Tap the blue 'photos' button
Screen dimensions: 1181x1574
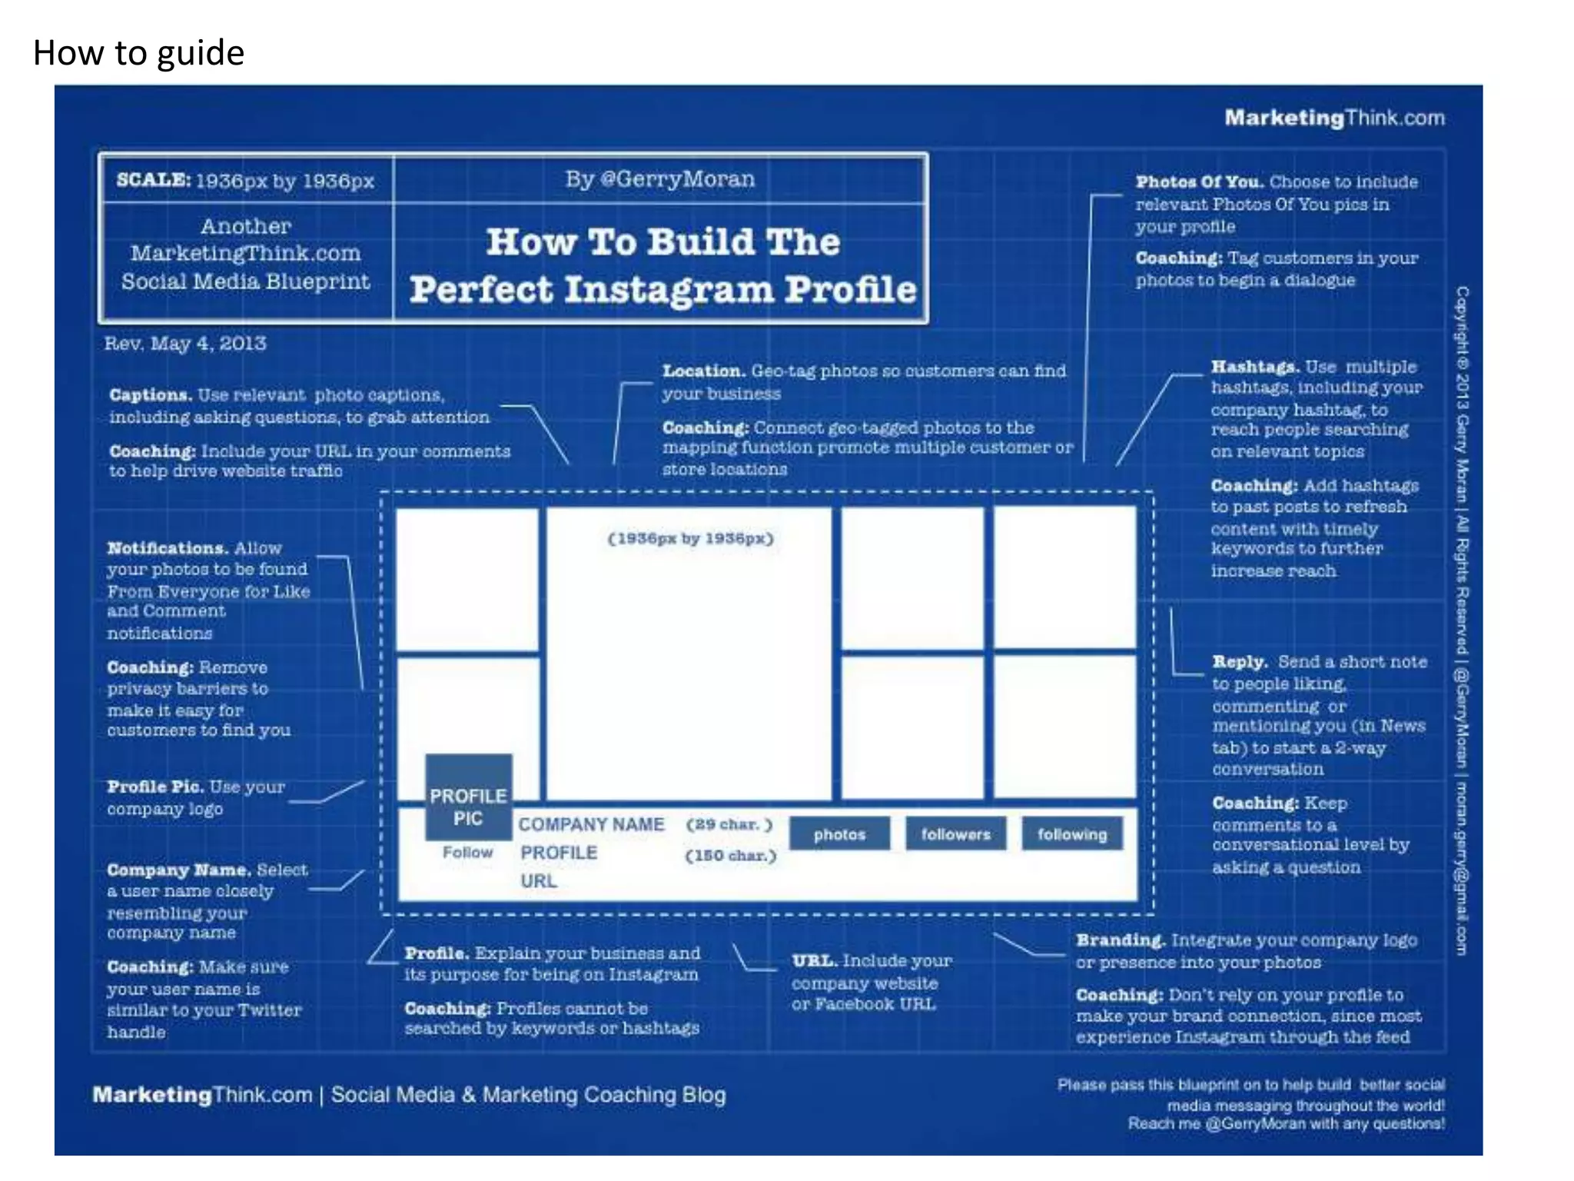pyautogui.click(x=839, y=834)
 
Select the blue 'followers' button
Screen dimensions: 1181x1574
pyautogui.click(x=955, y=834)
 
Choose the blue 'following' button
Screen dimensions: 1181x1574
pyautogui.click(x=1072, y=834)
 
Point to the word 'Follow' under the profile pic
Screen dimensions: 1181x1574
pyautogui.click(x=467, y=853)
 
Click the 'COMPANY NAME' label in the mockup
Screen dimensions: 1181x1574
pyautogui.click(x=590, y=824)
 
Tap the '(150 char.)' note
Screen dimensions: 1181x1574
pyautogui.click(x=730, y=856)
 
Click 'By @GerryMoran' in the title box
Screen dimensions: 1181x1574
pyautogui.click(x=660, y=179)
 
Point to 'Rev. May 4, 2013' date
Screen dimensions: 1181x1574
pyautogui.click(x=185, y=343)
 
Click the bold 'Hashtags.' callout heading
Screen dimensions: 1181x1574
pyautogui.click(x=1254, y=367)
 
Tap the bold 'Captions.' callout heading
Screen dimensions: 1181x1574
pyautogui.click(x=151, y=395)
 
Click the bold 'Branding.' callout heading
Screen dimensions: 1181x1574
pyautogui.click(x=1121, y=940)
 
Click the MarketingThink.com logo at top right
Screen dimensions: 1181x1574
pyautogui.click(x=1334, y=118)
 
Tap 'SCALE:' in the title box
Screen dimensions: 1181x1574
pyautogui.click(x=153, y=180)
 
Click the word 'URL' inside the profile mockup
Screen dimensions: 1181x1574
pyautogui.click(x=538, y=881)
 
